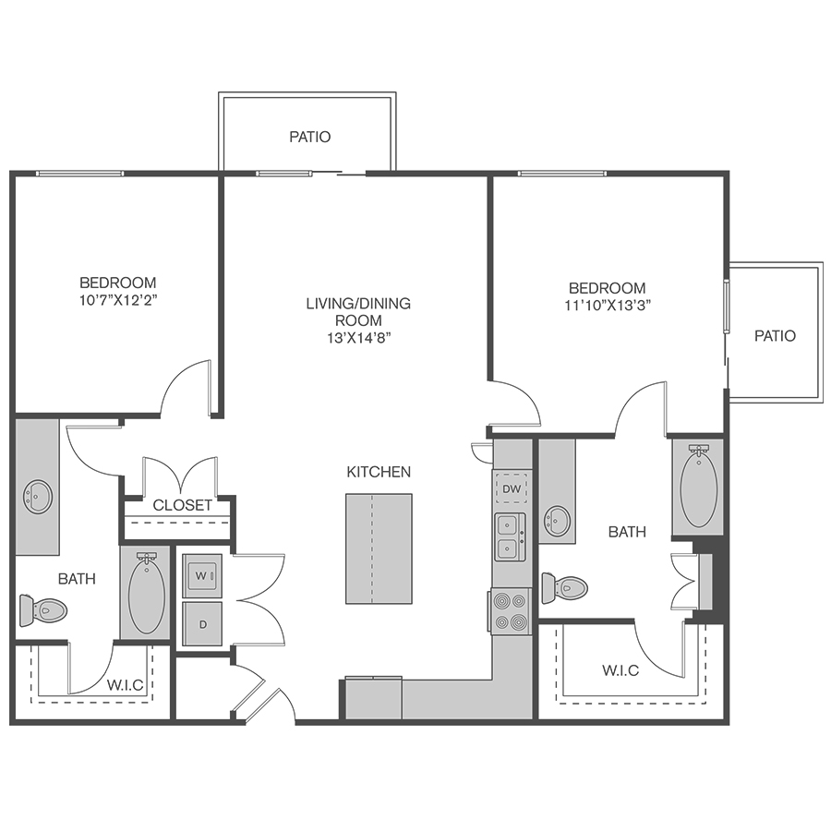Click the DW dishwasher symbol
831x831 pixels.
click(512, 488)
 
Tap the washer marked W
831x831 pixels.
click(202, 575)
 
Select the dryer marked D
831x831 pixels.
click(202, 624)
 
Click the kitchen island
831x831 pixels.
click(379, 548)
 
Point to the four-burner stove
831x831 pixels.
click(510, 611)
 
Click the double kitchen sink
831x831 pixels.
click(510, 536)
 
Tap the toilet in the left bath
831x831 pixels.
click(43, 610)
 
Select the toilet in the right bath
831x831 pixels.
click(565, 588)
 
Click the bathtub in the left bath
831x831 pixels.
click(147, 595)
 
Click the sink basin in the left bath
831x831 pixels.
click(38, 497)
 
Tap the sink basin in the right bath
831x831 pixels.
click(558, 521)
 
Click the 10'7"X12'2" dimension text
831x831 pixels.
click(119, 300)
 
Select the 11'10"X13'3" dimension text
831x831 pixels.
click(608, 306)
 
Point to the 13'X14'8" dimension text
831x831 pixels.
click(359, 338)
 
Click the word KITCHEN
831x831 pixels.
click(379, 472)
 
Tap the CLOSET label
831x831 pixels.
click(182, 505)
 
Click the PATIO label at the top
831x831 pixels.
click(310, 137)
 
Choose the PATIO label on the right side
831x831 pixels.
click(775, 335)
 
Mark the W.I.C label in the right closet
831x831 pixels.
click(620, 670)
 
